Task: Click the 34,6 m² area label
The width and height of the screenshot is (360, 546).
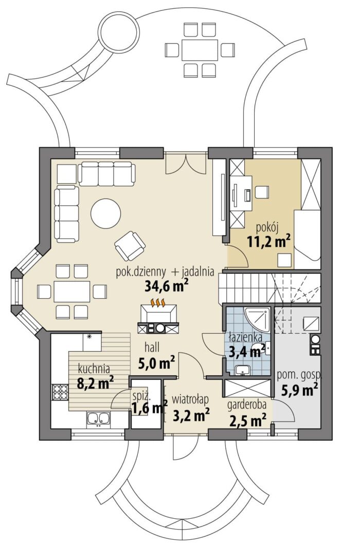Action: [x=167, y=286]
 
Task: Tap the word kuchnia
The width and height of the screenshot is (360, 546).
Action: [x=94, y=369]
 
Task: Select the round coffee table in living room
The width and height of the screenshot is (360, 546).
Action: [x=106, y=213]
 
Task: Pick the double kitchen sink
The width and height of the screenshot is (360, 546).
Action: [x=99, y=419]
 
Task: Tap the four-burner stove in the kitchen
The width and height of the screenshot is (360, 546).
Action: [x=60, y=392]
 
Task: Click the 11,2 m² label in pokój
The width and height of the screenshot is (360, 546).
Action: [x=269, y=241]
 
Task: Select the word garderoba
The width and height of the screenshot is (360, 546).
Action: [x=247, y=405]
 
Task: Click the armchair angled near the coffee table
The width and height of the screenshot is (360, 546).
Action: [x=130, y=246]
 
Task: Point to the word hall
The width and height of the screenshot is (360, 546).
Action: [x=152, y=347]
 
